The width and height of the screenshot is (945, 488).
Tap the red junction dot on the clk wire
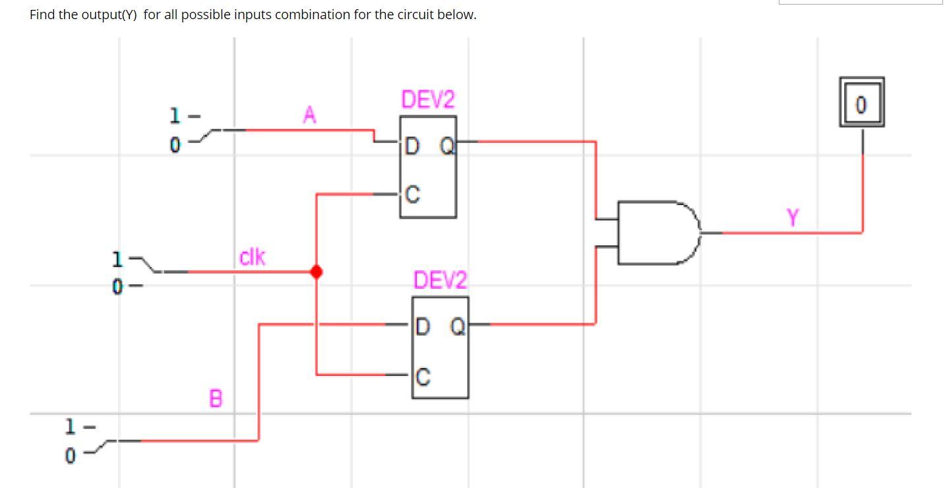317,271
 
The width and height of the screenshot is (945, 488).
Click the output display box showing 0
861,103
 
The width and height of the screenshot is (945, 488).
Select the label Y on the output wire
793,216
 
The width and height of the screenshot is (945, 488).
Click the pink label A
309,115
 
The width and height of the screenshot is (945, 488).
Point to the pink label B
216,398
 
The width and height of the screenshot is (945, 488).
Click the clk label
252,257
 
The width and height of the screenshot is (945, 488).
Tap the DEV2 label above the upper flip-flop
428,100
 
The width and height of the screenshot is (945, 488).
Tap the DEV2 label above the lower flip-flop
440,280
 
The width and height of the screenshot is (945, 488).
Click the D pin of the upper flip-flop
412,146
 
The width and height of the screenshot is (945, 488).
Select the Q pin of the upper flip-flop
446,146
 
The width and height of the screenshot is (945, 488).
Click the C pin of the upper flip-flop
412,195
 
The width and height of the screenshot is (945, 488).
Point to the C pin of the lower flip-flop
423,377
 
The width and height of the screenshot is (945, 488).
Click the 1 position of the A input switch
175,116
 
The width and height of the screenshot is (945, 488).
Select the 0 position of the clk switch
117,287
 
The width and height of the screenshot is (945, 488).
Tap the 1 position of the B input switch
70,427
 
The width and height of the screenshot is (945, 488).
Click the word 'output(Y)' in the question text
109,15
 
